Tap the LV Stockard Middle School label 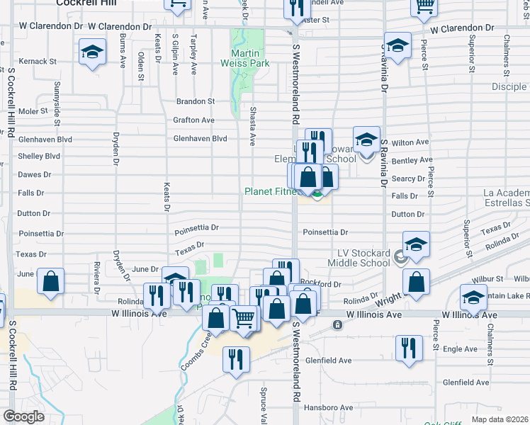pyautogui.click(x=359, y=259)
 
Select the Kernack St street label pyautogui.click(x=38, y=62)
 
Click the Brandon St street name pyautogui.click(x=196, y=102)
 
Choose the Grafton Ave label pyautogui.click(x=193, y=120)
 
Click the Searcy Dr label pyautogui.click(x=407, y=179)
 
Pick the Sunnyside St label pyautogui.click(x=57, y=99)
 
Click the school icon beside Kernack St pyautogui.click(x=91, y=53)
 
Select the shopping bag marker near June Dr pyautogui.click(x=51, y=282)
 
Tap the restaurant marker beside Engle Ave pyautogui.click(x=408, y=348)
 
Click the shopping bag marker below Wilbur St pyautogui.click(x=416, y=282)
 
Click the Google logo pyautogui.click(x=23, y=416)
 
